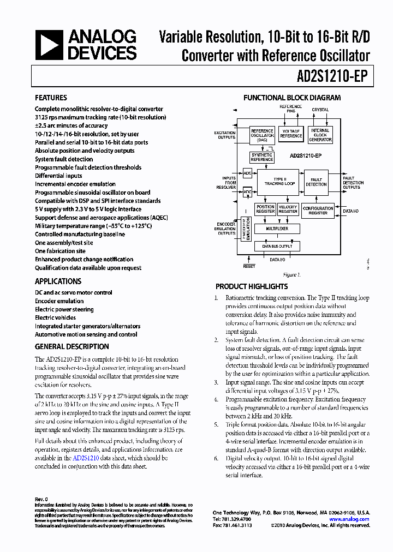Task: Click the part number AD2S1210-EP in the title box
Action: click(328, 77)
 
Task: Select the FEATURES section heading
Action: click(51, 98)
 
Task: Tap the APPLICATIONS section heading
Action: click(58, 281)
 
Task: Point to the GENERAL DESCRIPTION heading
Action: click(72, 346)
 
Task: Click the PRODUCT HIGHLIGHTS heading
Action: click(252, 286)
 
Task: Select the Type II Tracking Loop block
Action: click(279, 182)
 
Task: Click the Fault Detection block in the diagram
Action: click(316, 182)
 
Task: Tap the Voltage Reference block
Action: click(291, 134)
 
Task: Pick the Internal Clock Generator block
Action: click(320, 135)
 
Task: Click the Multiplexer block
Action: click(277, 229)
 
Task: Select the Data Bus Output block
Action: click(277, 247)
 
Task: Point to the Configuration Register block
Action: click(318, 210)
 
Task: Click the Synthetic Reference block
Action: click(261, 157)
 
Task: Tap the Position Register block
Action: click(265, 209)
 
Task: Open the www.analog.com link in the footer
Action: click(350, 519)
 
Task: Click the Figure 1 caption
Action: click(291, 275)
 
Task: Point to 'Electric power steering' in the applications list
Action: click(64, 309)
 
